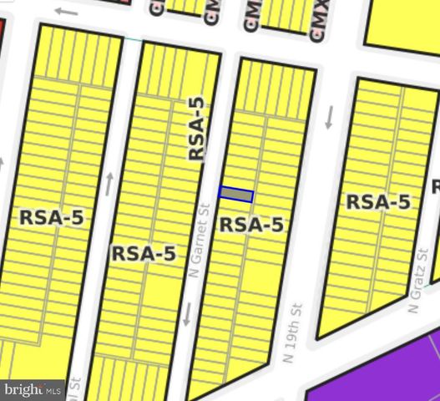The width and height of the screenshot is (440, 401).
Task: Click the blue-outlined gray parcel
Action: (x=235, y=194)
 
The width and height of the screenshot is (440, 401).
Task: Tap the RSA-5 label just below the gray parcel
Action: (x=250, y=224)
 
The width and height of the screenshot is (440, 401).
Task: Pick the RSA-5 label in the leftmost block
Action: (x=52, y=217)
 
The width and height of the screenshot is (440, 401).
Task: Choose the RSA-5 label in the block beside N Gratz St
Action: (x=377, y=201)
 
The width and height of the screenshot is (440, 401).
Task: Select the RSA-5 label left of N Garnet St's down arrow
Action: (x=143, y=253)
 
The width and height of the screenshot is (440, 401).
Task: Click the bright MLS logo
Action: (x=33, y=389)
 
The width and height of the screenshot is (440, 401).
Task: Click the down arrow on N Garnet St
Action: (x=187, y=314)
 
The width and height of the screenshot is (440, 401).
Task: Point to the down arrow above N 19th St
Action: (x=330, y=118)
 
